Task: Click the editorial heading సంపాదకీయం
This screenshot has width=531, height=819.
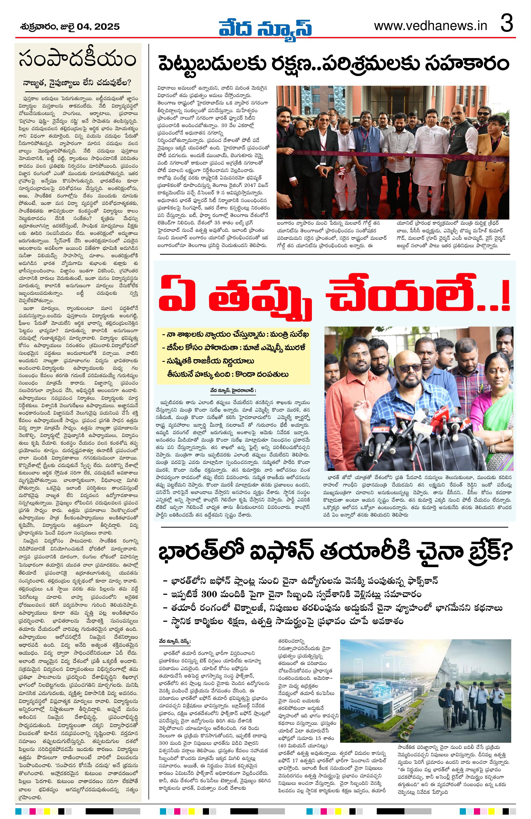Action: click(x=78, y=60)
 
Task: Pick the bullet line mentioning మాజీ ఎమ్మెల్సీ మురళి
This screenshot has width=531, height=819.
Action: click(x=233, y=348)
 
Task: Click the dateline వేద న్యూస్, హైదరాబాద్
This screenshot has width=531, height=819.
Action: click(x=233, y=391)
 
